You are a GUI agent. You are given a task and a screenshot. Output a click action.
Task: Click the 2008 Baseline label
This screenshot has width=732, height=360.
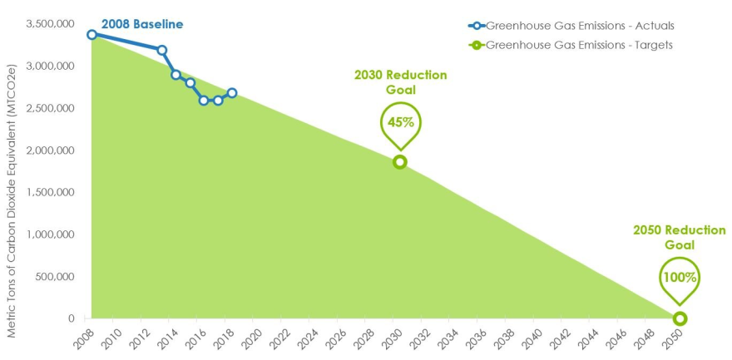pos(141,25)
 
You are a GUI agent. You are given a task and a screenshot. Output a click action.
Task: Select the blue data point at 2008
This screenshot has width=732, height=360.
pos(91,35)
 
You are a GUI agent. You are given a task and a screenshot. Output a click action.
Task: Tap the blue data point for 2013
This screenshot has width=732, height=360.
pos(161,51)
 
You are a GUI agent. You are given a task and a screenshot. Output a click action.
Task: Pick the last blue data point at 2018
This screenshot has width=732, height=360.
pos(232,93)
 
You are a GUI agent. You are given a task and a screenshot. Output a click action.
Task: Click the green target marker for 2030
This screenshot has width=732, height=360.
pos(400,162)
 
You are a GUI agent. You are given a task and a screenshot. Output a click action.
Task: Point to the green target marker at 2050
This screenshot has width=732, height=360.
pos(680,318)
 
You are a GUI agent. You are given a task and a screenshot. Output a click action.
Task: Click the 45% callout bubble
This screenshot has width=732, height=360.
pos(400,123)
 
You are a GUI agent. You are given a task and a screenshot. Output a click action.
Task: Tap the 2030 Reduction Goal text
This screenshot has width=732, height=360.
pos(400,82)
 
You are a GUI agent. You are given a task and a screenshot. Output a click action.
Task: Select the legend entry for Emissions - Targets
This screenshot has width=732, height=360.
pos(574,45)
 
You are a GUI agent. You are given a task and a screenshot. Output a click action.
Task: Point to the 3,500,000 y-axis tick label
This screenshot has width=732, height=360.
pos(50,24)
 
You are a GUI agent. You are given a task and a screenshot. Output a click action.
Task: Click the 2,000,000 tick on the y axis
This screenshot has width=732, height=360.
pos(50,150)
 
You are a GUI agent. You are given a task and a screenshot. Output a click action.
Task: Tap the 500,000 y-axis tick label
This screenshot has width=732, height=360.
pos(57,277)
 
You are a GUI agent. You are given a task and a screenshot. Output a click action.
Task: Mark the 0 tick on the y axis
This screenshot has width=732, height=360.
pos(72,318)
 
